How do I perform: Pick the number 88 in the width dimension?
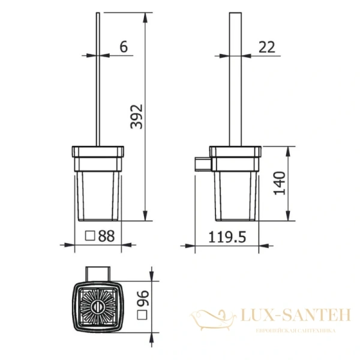106,236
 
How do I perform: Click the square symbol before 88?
90,236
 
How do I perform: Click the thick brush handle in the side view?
233,78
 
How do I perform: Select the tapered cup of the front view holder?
98,195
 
